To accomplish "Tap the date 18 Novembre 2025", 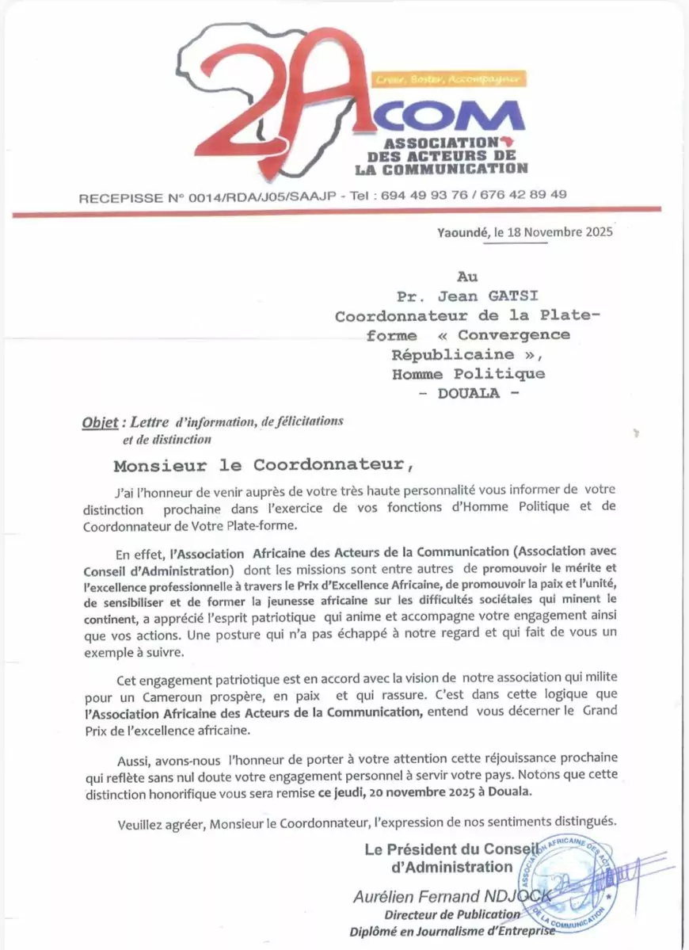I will (559, 232).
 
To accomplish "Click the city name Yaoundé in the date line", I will (463, 232).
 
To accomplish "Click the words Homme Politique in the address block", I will (468, 373).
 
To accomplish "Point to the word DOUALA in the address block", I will (469, 393).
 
